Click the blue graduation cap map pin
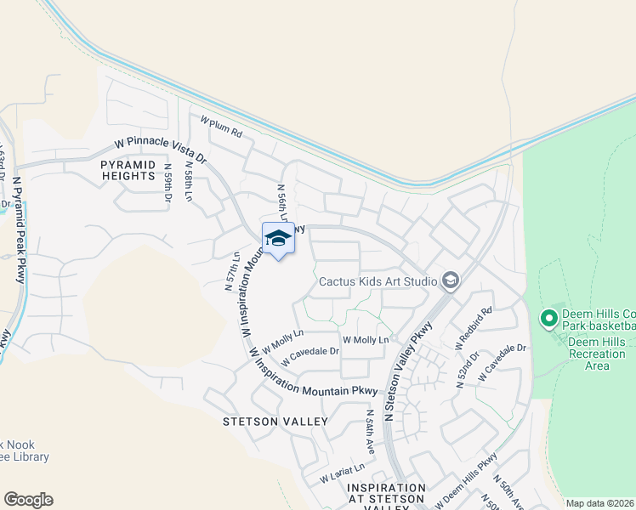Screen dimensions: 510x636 click(277, 238)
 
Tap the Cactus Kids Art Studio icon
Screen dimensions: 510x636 click(451, 280)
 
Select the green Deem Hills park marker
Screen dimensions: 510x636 click(548, 320)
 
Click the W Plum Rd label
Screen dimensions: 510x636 click(222, 128)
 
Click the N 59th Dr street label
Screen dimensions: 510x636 click(168, 184)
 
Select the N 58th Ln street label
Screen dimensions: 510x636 click(188, 182)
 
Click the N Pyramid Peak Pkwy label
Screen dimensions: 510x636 click(18, 229)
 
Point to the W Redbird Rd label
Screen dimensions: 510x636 click(474, 326)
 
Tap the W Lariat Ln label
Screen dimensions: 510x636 click(342, 473)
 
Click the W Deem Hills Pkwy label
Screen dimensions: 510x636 click(465, 482)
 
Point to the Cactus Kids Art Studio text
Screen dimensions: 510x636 click(378, 280)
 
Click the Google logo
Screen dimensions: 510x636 click(29, 500)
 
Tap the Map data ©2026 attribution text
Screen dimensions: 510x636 click(599, 503)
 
